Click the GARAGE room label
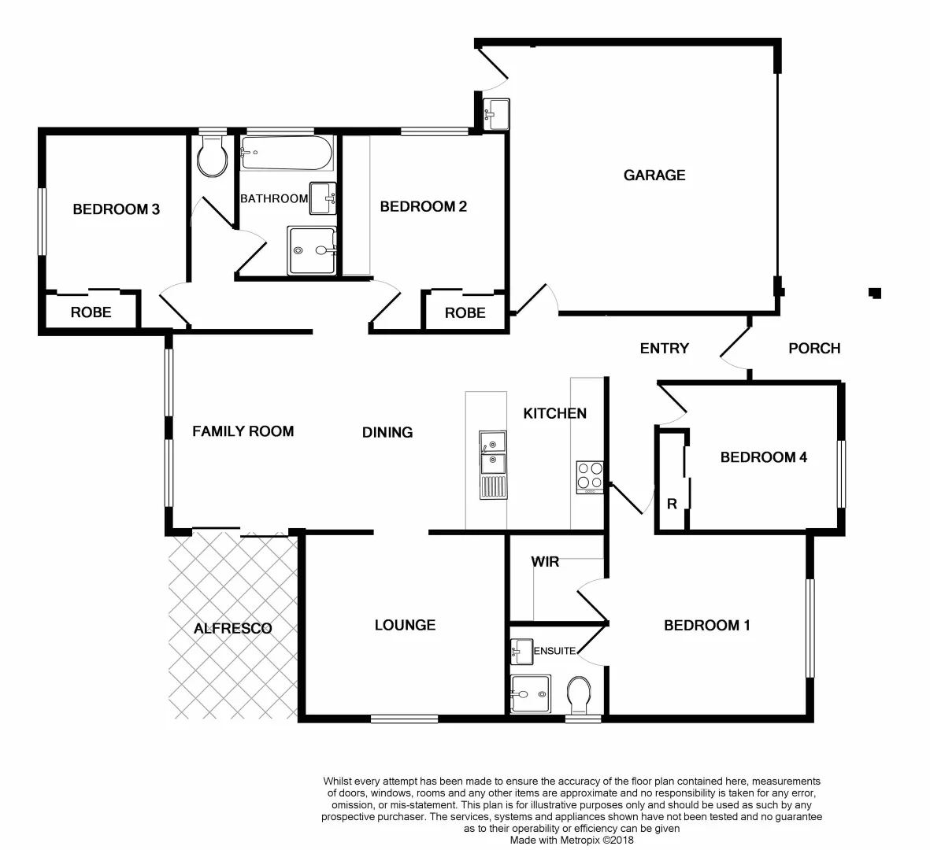tap(654, 176)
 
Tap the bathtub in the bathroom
tap(286, 153)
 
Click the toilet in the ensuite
tap(579, 693)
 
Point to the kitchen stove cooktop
tap(589, 476)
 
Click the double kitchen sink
tap(493, 465)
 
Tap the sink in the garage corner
tap(497, 114)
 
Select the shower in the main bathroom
tap(312, 250)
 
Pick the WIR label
tap(545, 562)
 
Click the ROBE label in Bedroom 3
tap(91, 312)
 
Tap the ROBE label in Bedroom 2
tap(465, 313)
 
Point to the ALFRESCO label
tap(232, 628)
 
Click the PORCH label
tap(814, 349)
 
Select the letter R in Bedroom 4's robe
tap(672, 504)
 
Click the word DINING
tap(387, 432)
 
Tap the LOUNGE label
tap(405, 625)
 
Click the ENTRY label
tap(664, 349)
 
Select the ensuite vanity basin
tap(521, 650)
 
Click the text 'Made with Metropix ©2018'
tap(571, 840)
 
